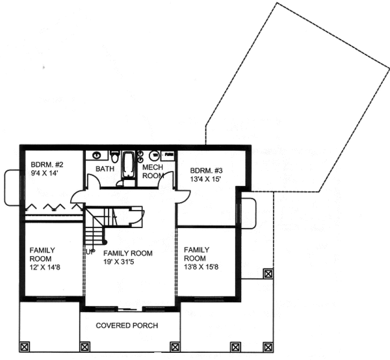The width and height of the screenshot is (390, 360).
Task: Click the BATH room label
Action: [x=105, y=169]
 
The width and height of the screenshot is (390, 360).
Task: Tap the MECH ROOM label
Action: [x=152, y=171]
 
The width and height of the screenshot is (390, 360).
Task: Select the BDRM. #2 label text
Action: [x=44, y=164]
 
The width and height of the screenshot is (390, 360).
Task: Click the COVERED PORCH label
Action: [x=127, y=325]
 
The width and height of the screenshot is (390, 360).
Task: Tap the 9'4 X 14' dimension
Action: [x=44, y=174]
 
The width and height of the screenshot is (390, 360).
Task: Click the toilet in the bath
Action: [x=115, y=157]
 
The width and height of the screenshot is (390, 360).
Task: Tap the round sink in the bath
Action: [x=97, y=155]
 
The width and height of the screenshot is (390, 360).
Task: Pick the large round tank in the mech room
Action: [x=153, y=155]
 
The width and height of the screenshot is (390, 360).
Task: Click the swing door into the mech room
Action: [x=164, y=181]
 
